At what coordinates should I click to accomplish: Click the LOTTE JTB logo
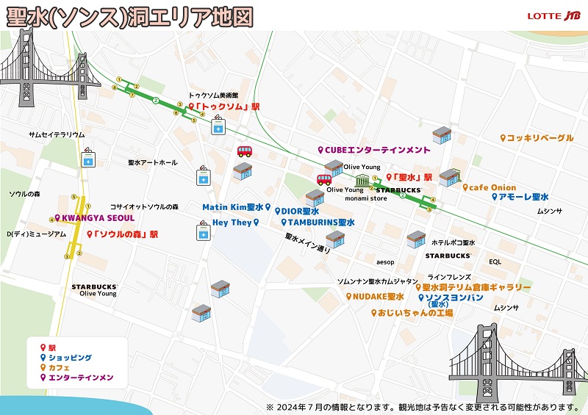pyautogui.click(x=553, y=15)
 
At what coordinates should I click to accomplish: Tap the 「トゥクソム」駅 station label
pyautogui.click(x=225, y=107)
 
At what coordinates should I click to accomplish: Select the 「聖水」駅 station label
pyautogui.click(x=409, y=177)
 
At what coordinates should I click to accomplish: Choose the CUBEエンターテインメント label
pyautogui.click(x=375, y=150)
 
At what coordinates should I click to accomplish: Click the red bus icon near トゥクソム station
pyautogui.click(x=245, y=152)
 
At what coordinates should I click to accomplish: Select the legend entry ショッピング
pyautogui.click(x=67, y=357)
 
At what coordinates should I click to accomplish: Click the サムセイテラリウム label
pyautogui.click(x=57, y=135)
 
